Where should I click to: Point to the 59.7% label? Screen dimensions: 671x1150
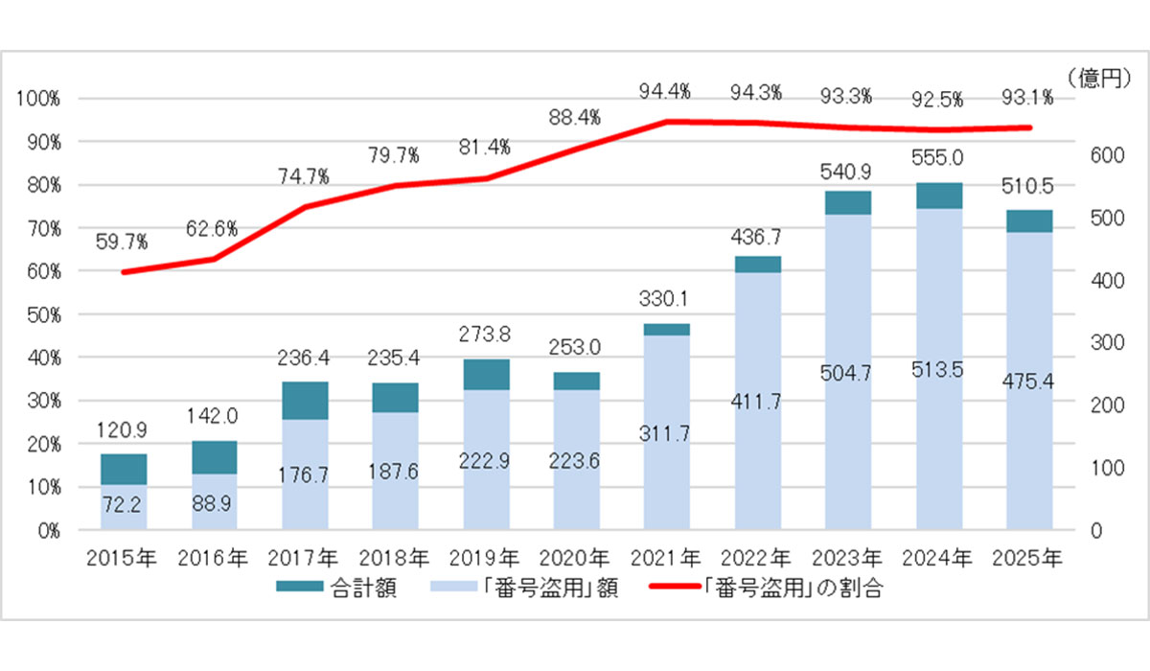[x=122, y=242]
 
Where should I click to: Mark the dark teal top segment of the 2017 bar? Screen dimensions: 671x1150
[x=305, y=400]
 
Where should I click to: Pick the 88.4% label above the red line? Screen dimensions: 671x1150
[x=575, y=118]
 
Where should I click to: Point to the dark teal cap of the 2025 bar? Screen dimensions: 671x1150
[x=1030, y=220]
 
